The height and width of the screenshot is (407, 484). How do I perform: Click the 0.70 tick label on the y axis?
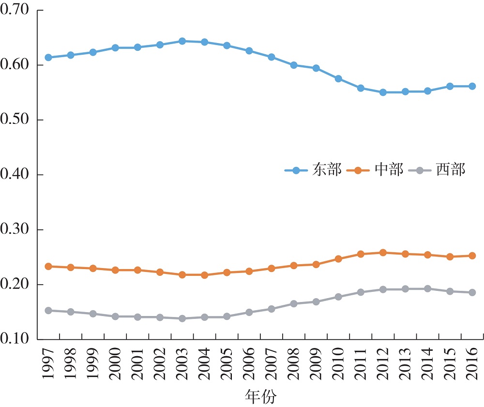click(x=16, y=10)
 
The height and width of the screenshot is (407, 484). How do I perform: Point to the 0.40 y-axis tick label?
click(x=16, y=175)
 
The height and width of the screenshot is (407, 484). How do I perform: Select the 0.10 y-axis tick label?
click(x=16, y=339)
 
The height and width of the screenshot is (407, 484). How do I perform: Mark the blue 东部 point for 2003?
click(x=182, y=41)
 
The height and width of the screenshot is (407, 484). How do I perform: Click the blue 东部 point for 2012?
click(x=383, y=92)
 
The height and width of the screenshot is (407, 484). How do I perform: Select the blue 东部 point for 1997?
click(x=48, y=58)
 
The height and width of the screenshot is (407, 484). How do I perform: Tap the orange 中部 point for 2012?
click(x=383, y=253)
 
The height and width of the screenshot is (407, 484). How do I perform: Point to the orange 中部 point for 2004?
click(x=204, y=275)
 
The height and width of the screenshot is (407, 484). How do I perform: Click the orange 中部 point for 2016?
click(x=472, y=256)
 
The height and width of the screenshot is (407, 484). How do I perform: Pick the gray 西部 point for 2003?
click(x=182, y=318)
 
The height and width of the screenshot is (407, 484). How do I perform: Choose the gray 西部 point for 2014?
click(x=427, y=289)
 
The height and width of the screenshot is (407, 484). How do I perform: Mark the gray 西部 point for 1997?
click(x=48, y=310)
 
